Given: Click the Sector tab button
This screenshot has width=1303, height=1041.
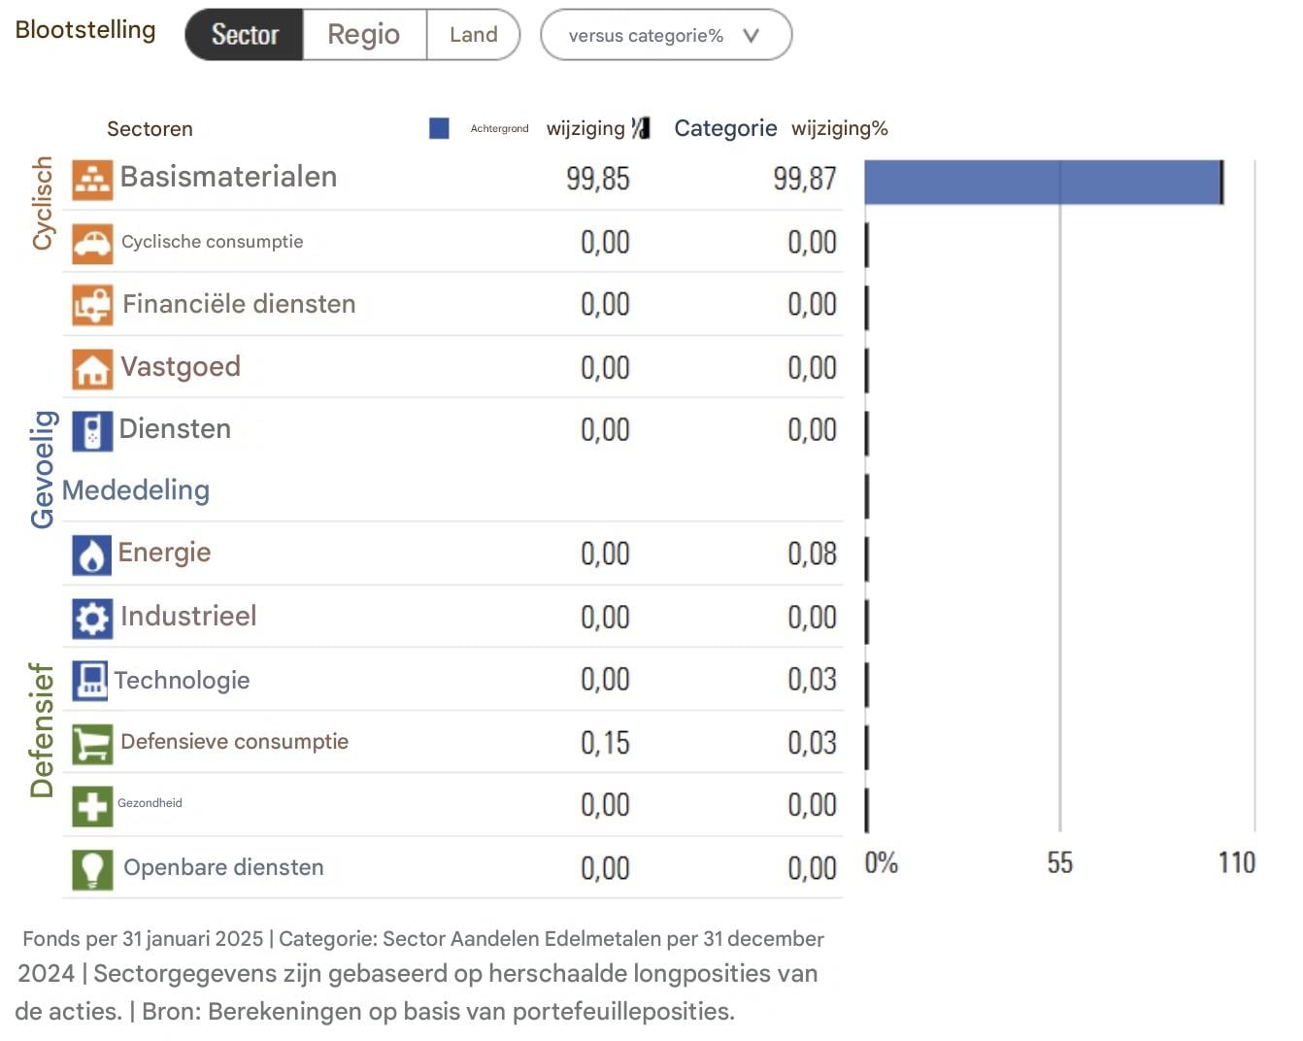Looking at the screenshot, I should (x=245, y=35).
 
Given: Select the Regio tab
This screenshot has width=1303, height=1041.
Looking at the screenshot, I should (x=364, y=35).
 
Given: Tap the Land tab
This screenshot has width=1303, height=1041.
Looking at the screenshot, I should (x=473, y=35).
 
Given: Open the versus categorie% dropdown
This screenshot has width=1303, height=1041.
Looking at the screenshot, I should (x=665, y=36).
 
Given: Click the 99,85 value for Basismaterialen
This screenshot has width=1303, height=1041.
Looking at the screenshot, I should (x=597, y=179).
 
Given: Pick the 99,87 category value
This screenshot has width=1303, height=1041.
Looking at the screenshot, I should (x=804, y=179).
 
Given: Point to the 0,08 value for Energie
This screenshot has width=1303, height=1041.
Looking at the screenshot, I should (x=812, y=554).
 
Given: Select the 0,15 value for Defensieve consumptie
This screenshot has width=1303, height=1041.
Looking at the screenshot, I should (x=605, y=743).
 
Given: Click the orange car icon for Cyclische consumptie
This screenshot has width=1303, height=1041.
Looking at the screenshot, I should (x=92, y=243).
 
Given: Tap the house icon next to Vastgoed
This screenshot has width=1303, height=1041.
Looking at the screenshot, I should (x=92, y=369).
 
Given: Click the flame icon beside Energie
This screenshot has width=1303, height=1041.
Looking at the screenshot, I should (x=92, y=555).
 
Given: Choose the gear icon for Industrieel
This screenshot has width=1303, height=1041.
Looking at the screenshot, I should (x=92, y=619).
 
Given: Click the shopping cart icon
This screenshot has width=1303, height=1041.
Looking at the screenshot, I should (x=92, y=745).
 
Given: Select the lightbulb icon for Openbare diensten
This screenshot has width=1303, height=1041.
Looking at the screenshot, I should (x=92, y=869).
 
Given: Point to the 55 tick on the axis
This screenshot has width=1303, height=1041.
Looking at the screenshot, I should (x=1059, y=863).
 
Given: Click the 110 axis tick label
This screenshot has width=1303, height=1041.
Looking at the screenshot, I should (x=1236, y=863).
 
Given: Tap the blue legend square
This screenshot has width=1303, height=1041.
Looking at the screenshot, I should (x=439, y=128).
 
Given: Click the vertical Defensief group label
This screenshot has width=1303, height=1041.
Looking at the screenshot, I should (x=42, y=730).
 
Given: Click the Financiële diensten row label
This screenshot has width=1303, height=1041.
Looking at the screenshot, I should (x=239, y=304).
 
